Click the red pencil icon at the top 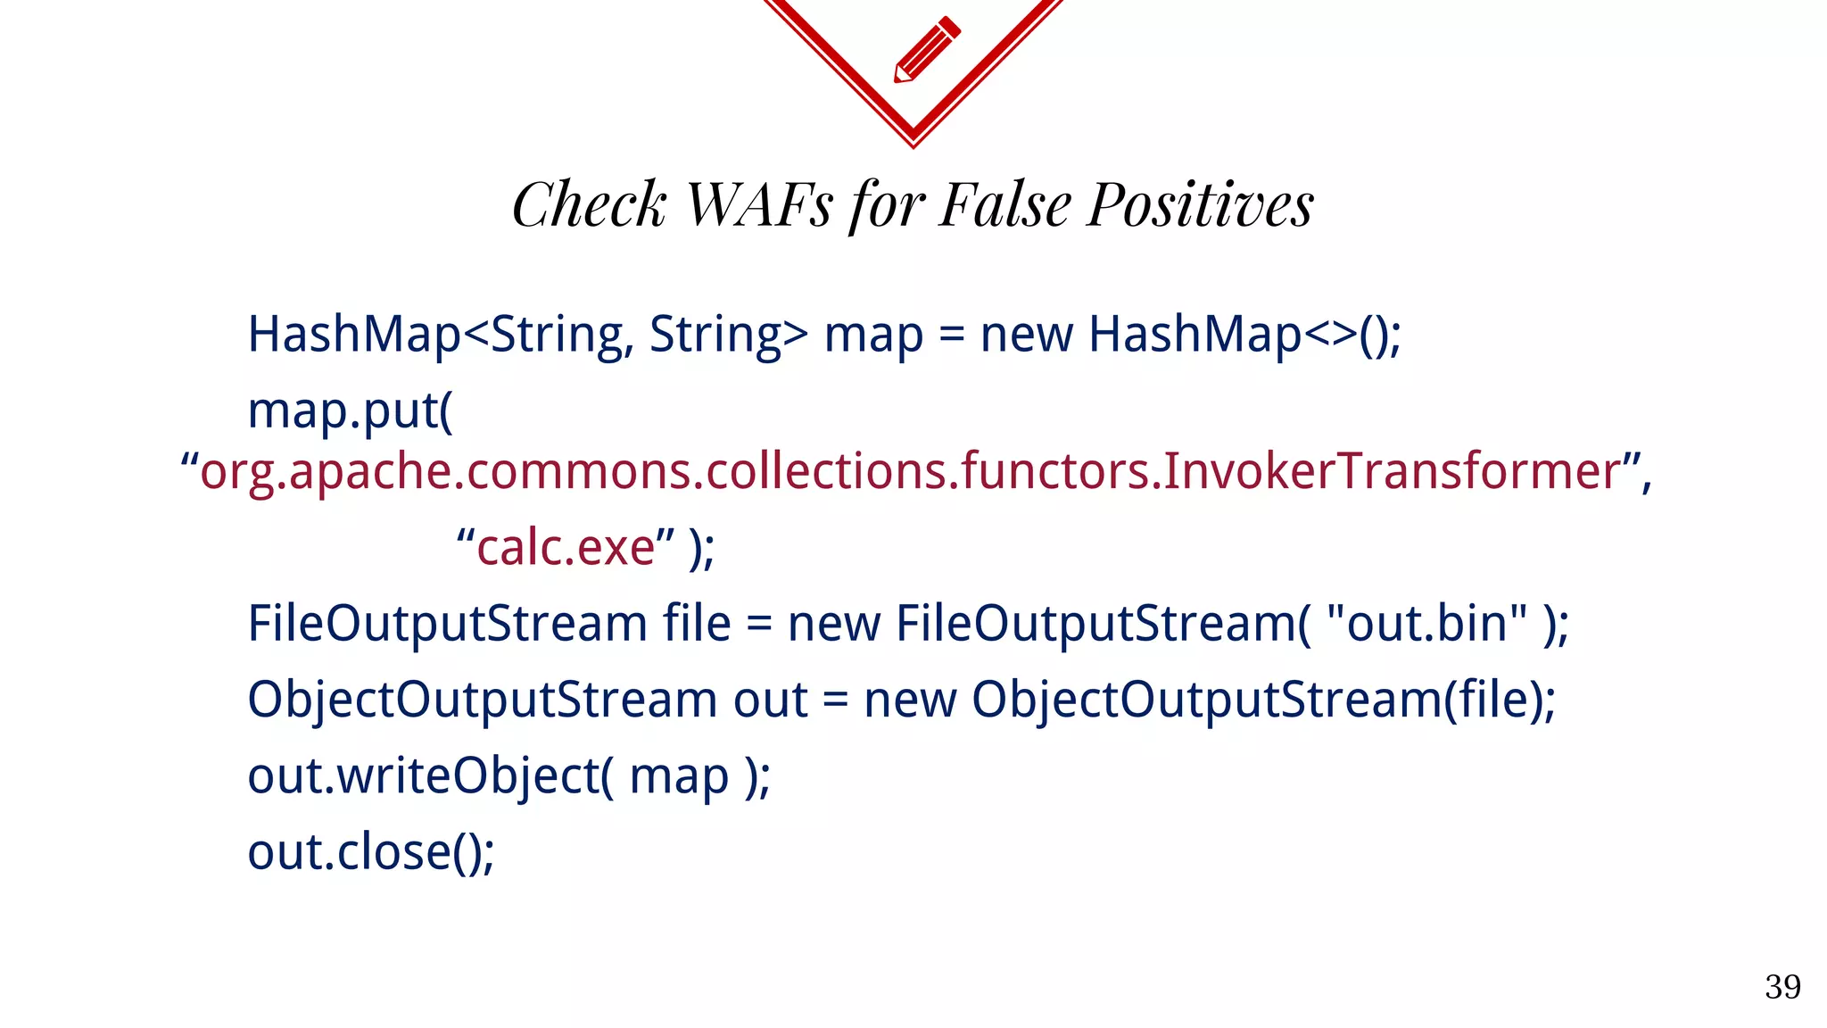point(927,49)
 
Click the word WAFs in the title point(758,205)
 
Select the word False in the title point(1005,205)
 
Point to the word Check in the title point(589,205)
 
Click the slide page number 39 point(1782,987)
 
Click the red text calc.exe point(566,547)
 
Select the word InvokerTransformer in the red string point(1391,471)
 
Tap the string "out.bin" point(1426,623)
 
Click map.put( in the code point(350,411)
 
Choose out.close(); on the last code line point(370,852)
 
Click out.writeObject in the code point(423,775)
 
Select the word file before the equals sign point(696,623)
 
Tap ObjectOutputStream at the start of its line point(482,700)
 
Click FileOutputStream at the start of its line point(447,623)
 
